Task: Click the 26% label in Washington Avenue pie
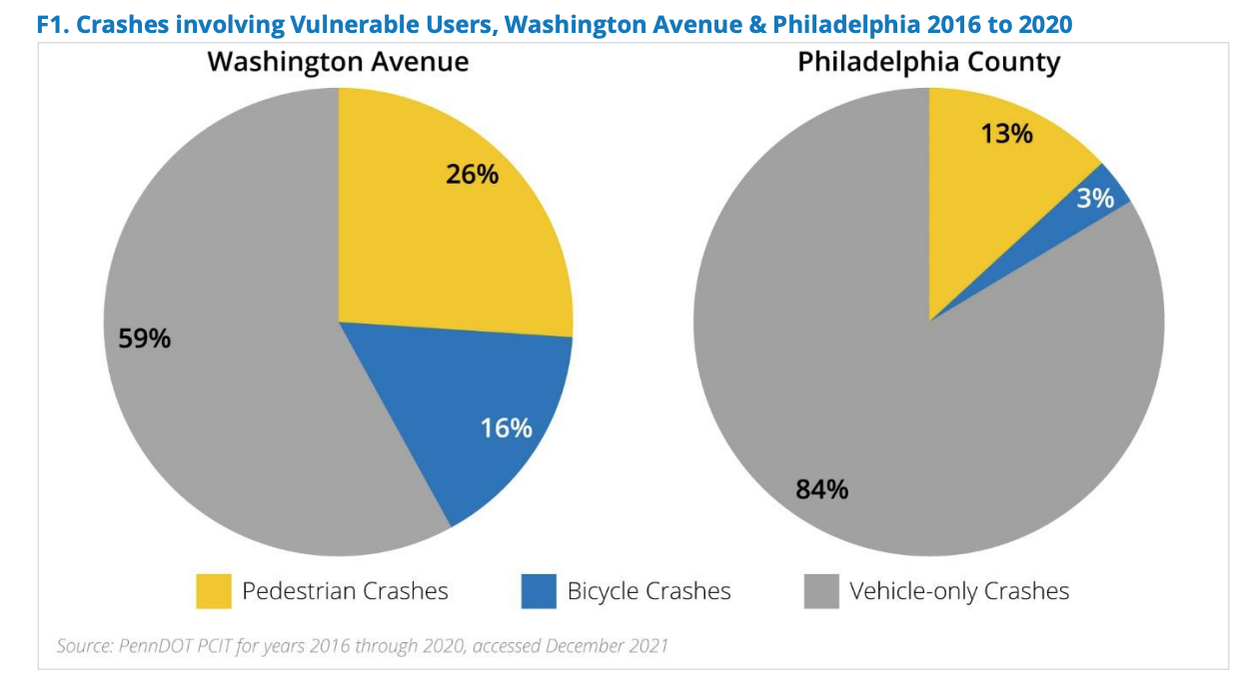pyautogui.click(x=472, y=174)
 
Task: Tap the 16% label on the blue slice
pyautogui.click(x=506, y=428)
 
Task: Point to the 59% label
pyautogui.click(x=145, y=339)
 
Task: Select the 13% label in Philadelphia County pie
pyautogui.click(x=1006, y=133)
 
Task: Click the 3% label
pyautogui.click(x=1095, y=198)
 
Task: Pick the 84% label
pyautogui.click(x=821, y=489)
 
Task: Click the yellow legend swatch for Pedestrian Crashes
pyautogui.click(x=213, y=591)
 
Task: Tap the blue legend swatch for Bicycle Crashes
pyautogui.click(x=539, y=591)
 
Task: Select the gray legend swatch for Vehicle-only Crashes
pyautogui.click(x=821, y=591)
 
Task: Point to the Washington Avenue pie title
pyautogui.click(x=338, y=62)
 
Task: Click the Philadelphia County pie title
pyautogui.click(x=928, y=62)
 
